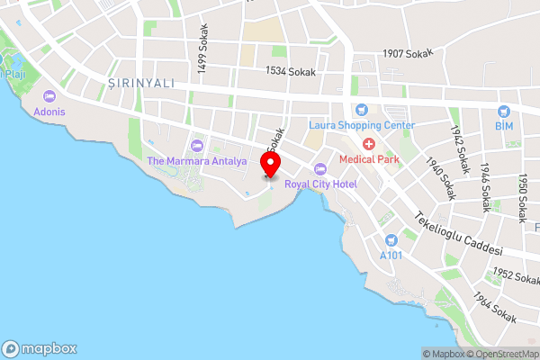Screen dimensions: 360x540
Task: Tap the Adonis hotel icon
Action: (x=49, y=96)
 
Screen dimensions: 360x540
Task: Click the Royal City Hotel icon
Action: (x=319, y=169)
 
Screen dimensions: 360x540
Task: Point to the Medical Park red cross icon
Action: (x=367, y=145)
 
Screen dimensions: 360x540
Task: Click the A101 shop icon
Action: (x=391, y=240)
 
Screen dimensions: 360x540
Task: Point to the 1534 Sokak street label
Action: (x=289, y=70)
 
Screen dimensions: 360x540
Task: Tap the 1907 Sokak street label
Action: (x=408, y=54)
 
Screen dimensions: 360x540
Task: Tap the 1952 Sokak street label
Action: (x=516, y=275)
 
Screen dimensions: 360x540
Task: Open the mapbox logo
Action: (x=40, y=349)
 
